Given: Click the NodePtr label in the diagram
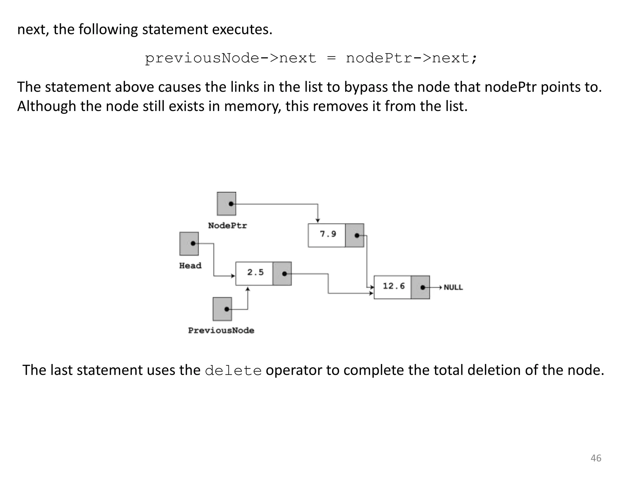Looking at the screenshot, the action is click(x=227, y=226).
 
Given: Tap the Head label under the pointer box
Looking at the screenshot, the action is click(x=190, y=266).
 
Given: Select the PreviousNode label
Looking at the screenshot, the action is click(x=221, y=331).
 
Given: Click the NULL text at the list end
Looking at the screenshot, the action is click(x=453, y=287).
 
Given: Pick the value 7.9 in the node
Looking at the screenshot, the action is click(x=328, y=234).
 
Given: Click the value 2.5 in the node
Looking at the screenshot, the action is click(x=255, y=272).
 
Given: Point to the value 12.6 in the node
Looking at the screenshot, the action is click(x=393, y=286).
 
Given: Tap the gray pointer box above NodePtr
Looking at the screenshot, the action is click(x=227, y=204).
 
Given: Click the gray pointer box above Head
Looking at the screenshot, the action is click(x=189, y=243).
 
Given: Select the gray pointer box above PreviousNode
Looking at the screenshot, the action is click(x=222, y=309).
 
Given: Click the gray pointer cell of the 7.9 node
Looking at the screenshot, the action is click(x=355, y=235).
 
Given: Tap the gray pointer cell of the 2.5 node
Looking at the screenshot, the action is click(x=282, y=274).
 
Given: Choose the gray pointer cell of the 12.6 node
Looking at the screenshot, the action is click(x=420, y=287).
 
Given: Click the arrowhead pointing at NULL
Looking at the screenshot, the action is click(x=440, y=287).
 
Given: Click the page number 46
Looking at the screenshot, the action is click(x=596, y=458).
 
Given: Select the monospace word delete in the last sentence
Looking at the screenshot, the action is click(x=233, y=371).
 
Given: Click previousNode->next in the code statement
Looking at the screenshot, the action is click(x=231, y=58).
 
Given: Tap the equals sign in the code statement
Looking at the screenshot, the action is click(x=331, y=58).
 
